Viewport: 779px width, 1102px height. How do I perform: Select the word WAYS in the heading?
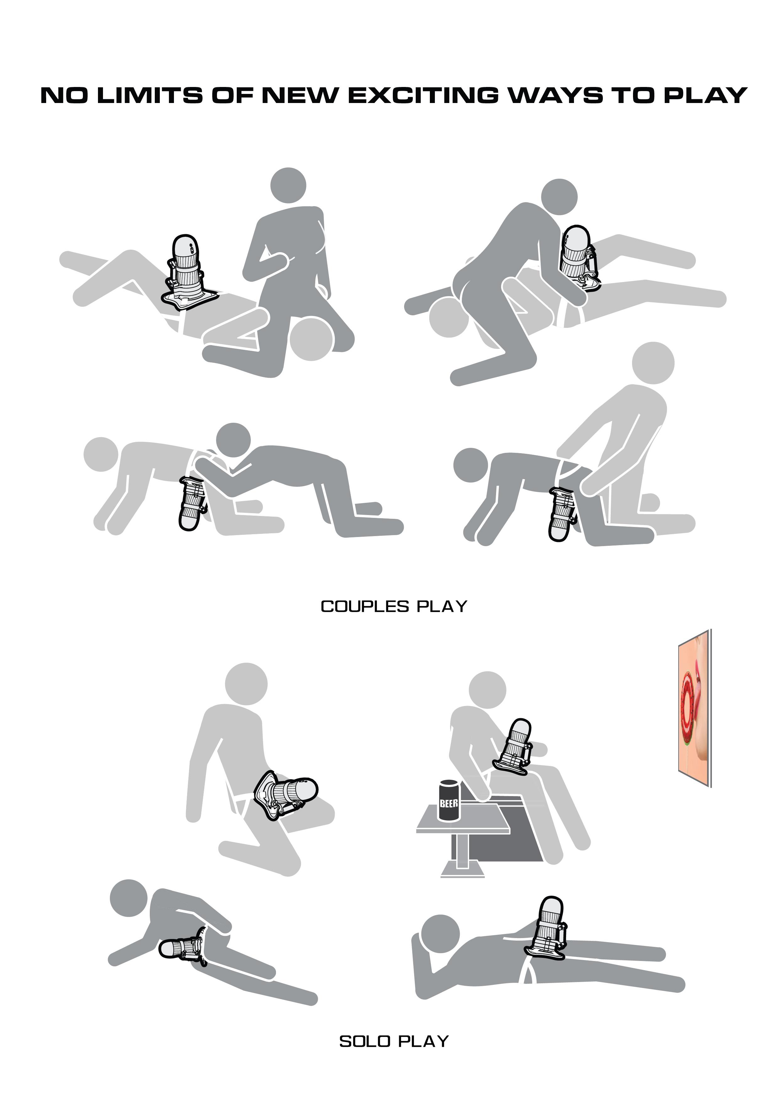tap(555, 95)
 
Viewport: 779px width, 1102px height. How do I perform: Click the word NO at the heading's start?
tap(64, 95)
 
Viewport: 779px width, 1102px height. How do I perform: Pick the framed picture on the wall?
tap(695, 708)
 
